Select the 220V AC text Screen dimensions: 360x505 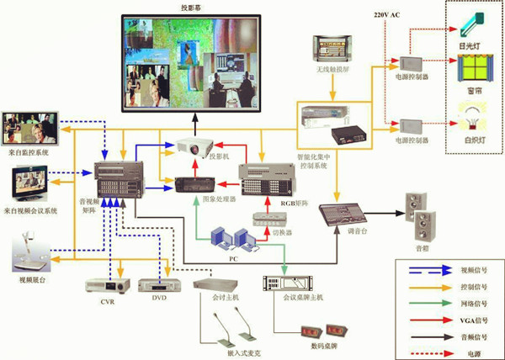pyautogui.click(x=386, y=15)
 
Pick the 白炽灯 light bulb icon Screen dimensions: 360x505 pyautogui.click(x=470, y=114)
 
